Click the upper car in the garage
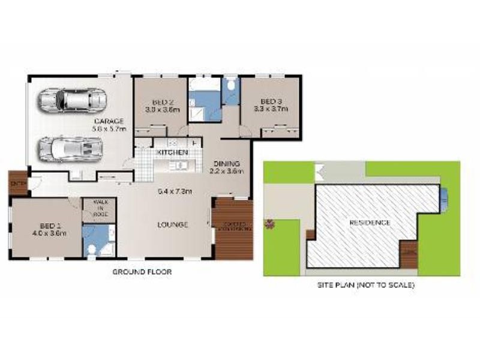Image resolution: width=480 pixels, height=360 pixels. tap(72, 100)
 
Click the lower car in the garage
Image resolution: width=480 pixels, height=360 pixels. tap(70, 147)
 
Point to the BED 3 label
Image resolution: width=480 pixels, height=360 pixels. tap(271, 101)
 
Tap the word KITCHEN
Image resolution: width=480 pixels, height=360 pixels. tap(173, 154)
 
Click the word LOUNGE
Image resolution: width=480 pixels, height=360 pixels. tap(173, 225)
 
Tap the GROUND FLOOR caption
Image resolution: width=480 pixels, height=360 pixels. tap(142, 272)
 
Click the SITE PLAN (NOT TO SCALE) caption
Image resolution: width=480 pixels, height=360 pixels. tap(366, 285)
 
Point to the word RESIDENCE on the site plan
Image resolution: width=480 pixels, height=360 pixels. tap(370, 223)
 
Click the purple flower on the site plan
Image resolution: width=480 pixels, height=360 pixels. tap(270, 225)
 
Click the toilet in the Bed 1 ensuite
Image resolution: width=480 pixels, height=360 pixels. tap(91, 249)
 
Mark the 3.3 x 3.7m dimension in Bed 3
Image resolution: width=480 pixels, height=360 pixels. tap(271, 109)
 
